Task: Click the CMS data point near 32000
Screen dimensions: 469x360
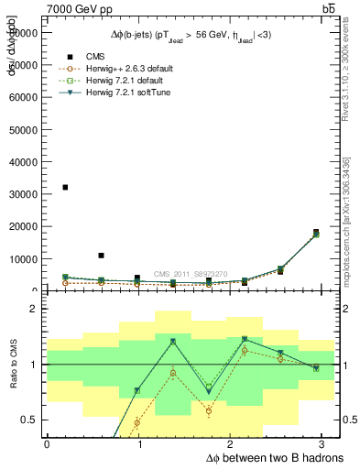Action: pyautogui.click(x=65, y=187)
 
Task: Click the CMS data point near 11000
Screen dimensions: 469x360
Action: pyautogui.click(x=101, y=256)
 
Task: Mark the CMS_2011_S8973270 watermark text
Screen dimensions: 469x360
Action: pyautogui.click(x=191, y=274)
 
